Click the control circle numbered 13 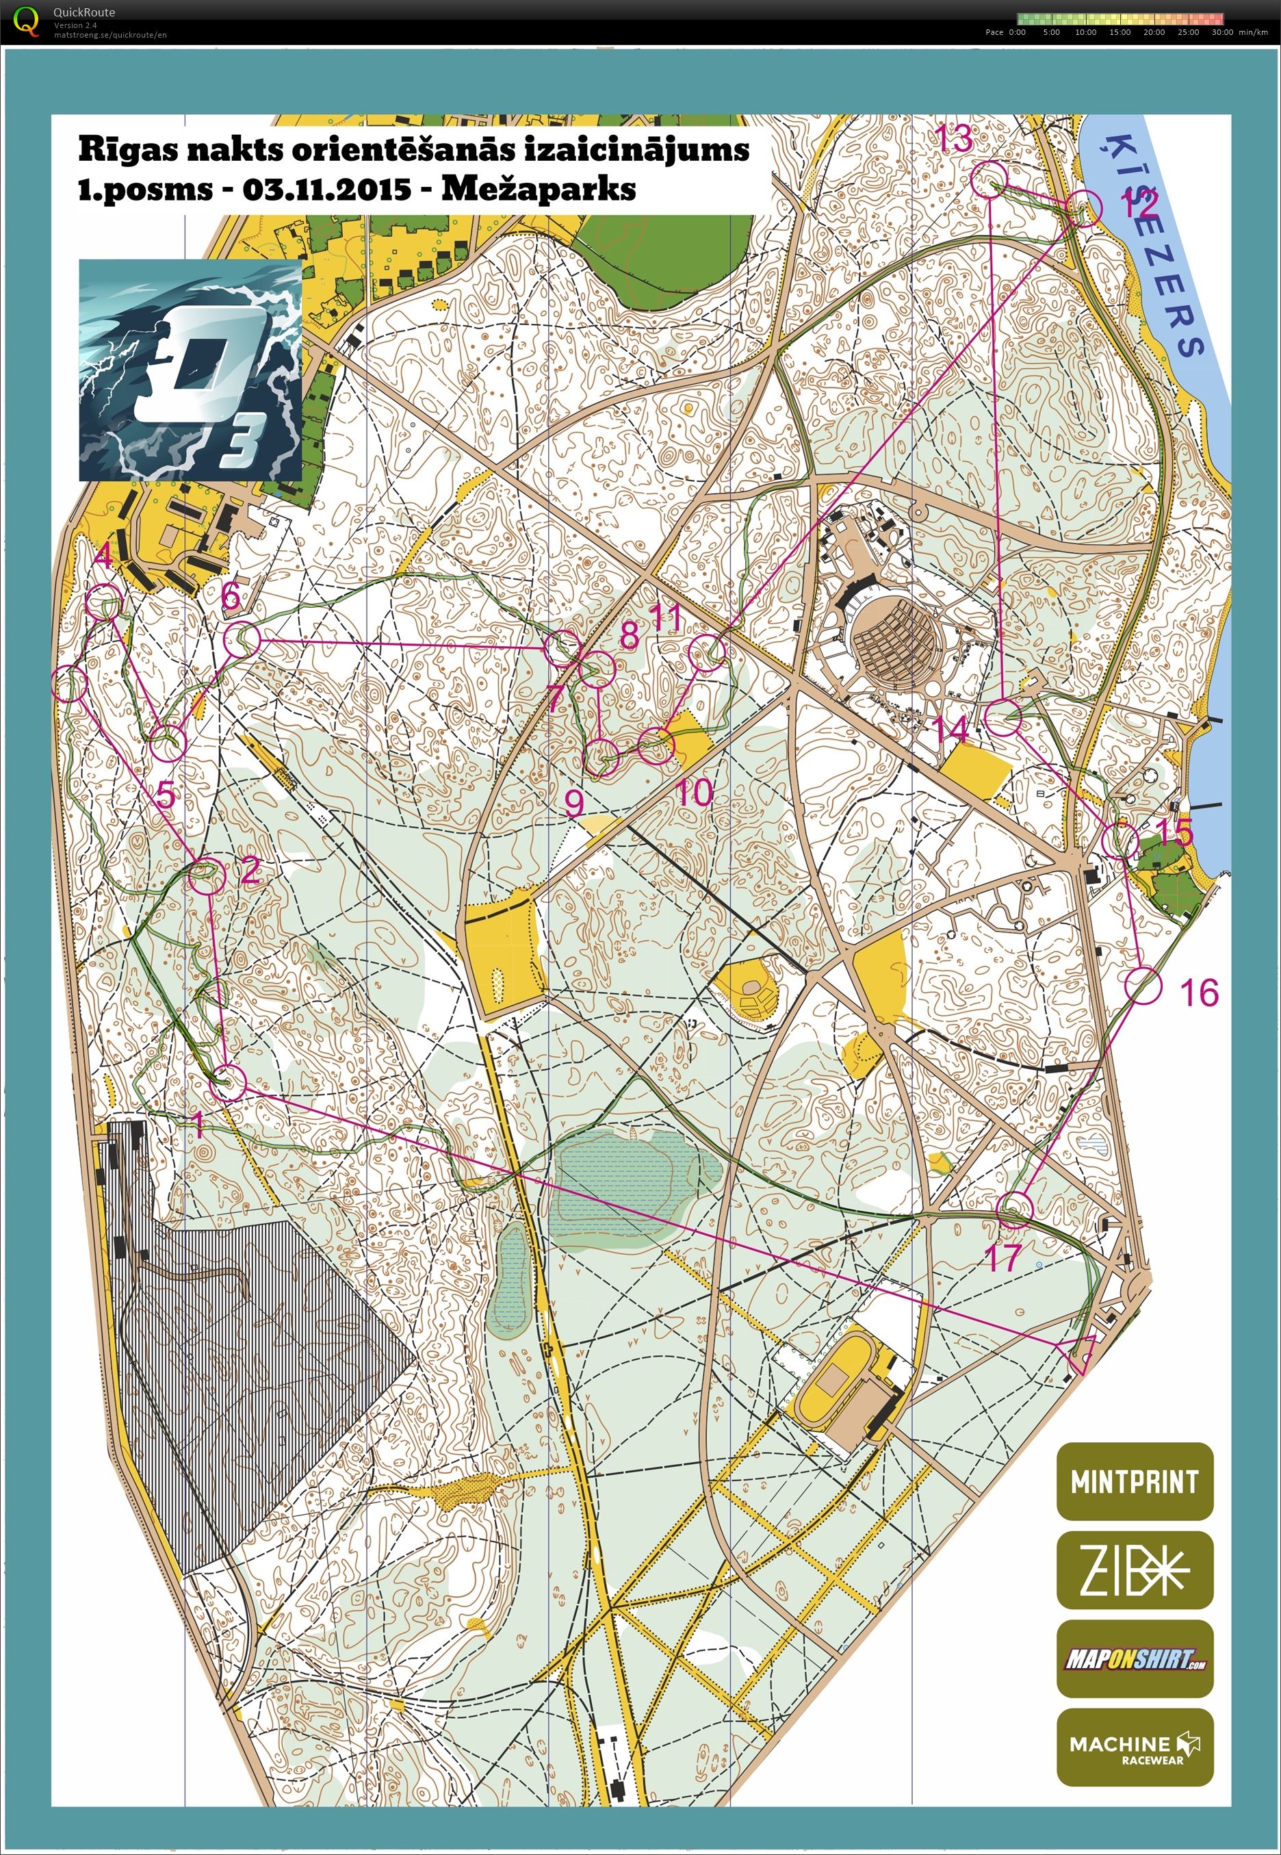coord(989,178)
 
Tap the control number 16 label coord(1199,993)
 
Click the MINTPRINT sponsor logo coord(1134,1481)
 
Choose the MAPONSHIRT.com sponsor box coord(1134,1659)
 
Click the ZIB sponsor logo coord(1134,1570)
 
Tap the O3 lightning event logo coord(190,370)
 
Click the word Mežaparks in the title coord(539,190)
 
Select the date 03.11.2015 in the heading coord(326,190)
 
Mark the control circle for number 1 coord(229,1083)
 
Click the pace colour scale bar coord(1120,18)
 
